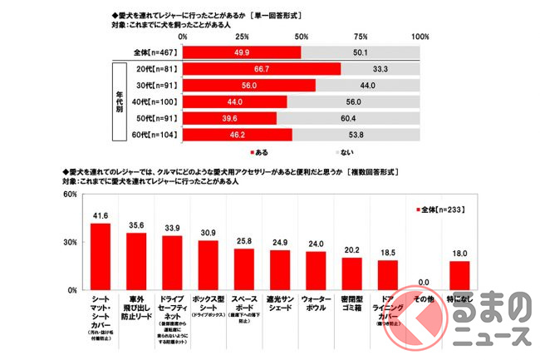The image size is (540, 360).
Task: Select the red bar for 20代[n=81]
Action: tap(261, 69)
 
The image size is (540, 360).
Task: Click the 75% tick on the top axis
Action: tap(361, 37)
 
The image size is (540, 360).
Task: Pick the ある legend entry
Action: tap(258, 153)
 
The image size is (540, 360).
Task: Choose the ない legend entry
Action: tap(345, 153)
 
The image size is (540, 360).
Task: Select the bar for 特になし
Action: tap(459, 274)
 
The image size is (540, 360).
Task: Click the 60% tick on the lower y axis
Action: tap(69, 195)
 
